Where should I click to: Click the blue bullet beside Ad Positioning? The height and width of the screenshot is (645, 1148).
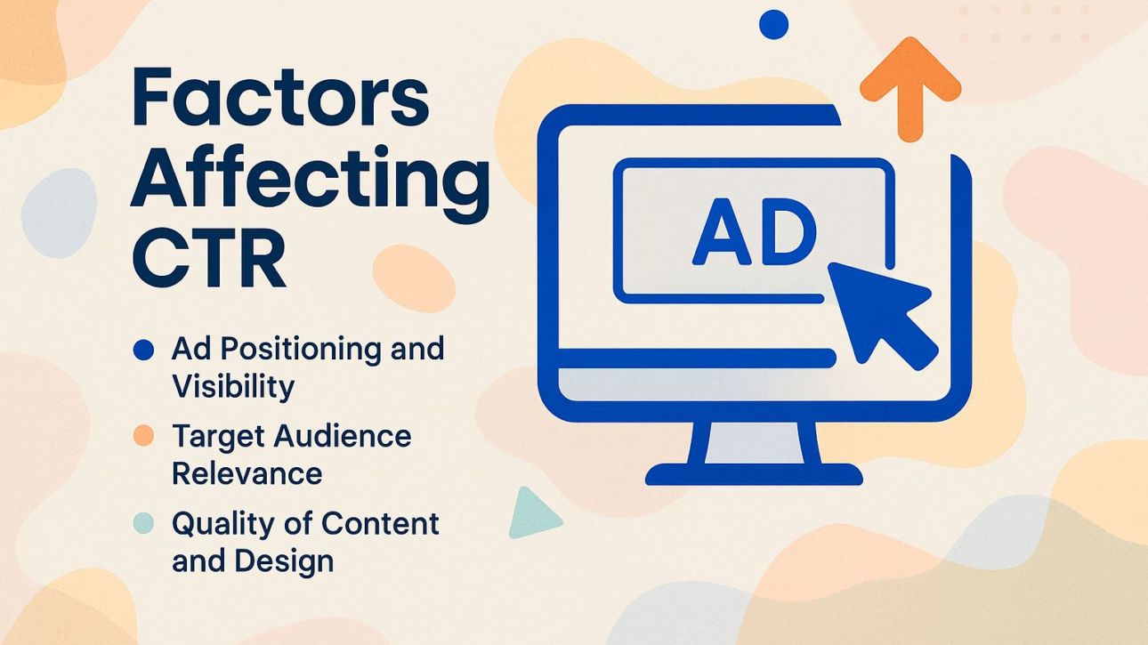[143, 350]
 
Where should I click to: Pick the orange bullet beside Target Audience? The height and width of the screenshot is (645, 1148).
[143, 436]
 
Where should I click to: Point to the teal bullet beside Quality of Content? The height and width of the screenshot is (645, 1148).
[143, 523]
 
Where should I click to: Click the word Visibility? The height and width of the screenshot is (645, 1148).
[232, 386]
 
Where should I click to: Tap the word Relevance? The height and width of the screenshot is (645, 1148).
[247, 472]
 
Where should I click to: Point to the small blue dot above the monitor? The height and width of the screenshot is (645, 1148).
[774, 24]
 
